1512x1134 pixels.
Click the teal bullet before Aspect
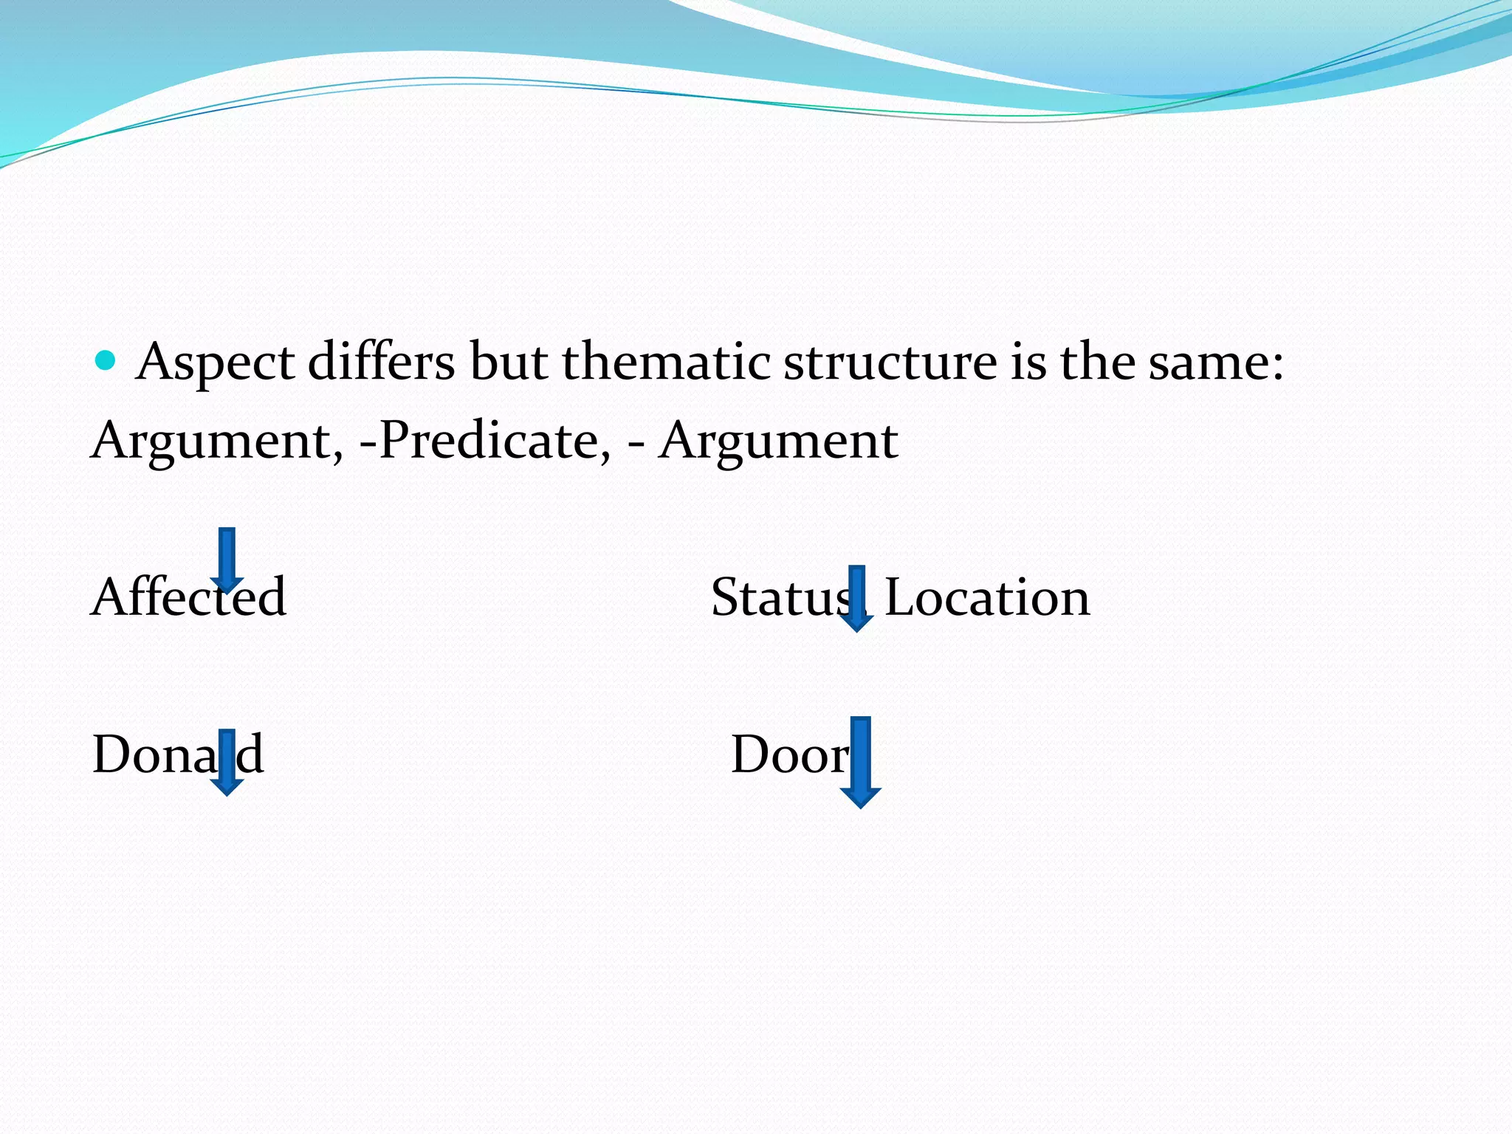(106, 361)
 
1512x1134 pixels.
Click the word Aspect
(216, 363)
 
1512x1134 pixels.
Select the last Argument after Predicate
(778, 441)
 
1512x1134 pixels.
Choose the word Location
(986, 597)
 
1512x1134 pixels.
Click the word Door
(790, 755)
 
